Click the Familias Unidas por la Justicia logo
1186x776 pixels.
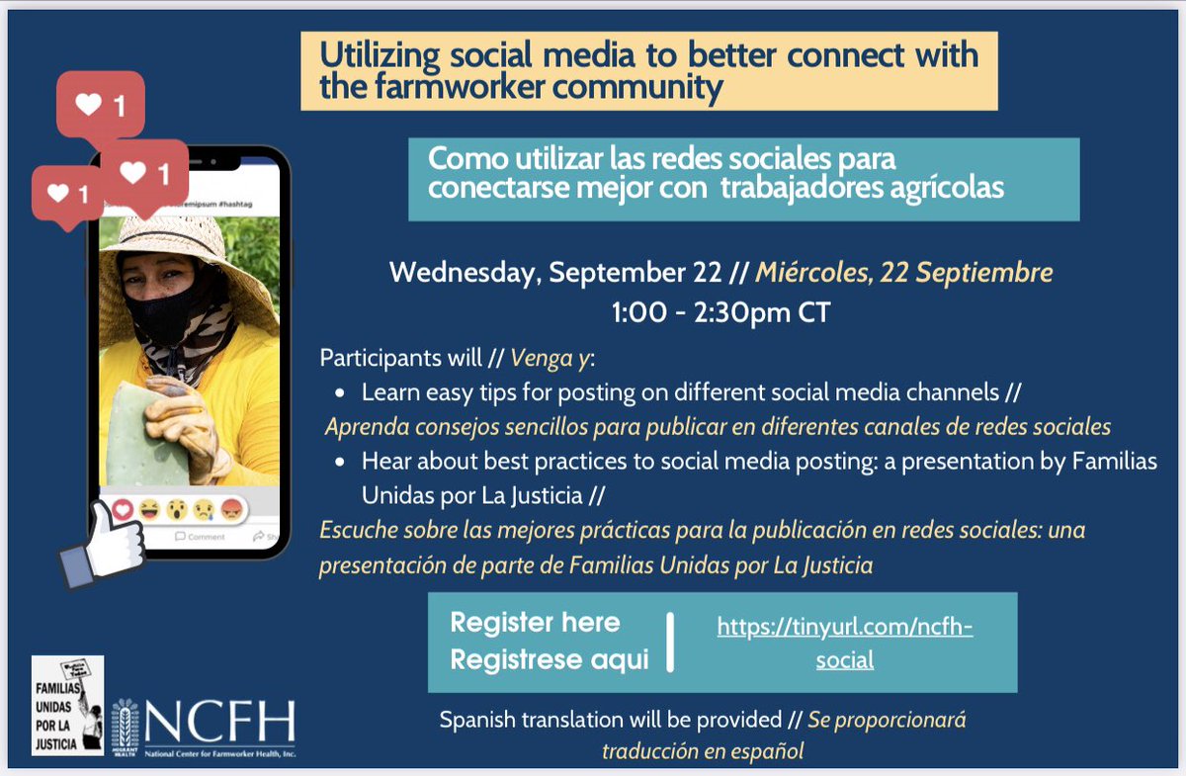(x=67, y=705)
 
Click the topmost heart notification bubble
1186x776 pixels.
(x=100, y=105)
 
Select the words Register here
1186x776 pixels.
(x=535, y=623)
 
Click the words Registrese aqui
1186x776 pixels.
(x=550, y=660)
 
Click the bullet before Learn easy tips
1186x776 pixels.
(x=341, y=393)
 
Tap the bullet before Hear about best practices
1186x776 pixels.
(x=341, y=462)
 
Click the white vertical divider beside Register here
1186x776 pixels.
(x=671, y=642)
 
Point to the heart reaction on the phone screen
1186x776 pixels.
(x=123, y=510)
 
